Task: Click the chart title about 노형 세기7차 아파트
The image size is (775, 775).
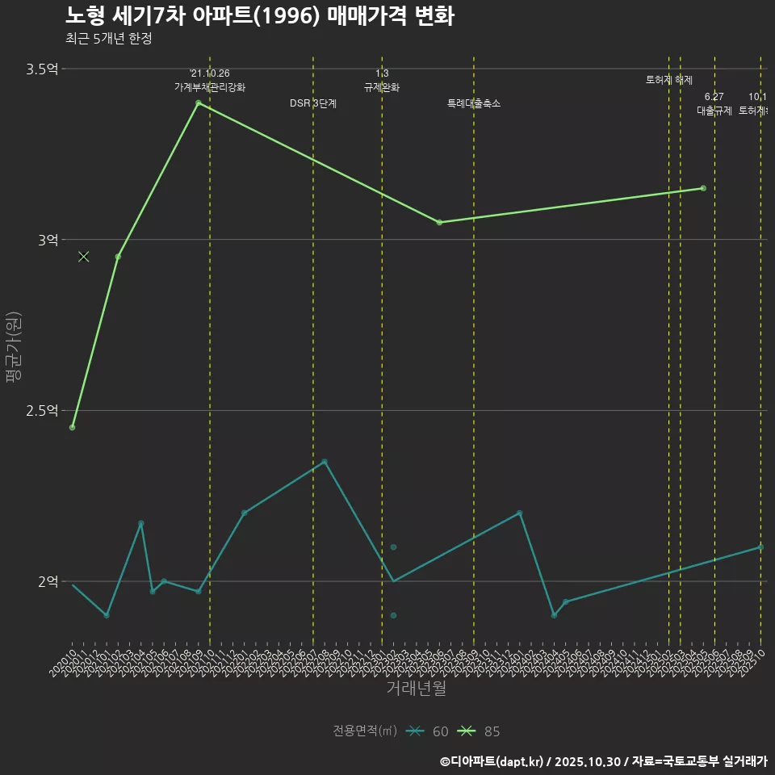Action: point(259,15)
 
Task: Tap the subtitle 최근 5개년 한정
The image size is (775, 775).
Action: point(108,39)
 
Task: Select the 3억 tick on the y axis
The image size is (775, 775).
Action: point(47,240)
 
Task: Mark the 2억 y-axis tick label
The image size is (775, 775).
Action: point(47,581)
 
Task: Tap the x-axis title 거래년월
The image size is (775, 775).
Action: point(416,689)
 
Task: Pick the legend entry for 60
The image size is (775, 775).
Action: point(428,731)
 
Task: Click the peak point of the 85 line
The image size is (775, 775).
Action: point(198,103)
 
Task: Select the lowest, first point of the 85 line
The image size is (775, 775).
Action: point(72,427)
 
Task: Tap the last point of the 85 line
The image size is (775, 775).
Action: point(703,188)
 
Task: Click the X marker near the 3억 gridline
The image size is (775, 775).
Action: point(83,257)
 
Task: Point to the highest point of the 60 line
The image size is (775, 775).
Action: point(325,462)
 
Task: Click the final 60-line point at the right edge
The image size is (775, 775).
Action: point(760,547)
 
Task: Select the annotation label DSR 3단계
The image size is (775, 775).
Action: point(313,103)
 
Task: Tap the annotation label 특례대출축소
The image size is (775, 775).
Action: point(474,103)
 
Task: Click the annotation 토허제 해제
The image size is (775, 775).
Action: point(669,80)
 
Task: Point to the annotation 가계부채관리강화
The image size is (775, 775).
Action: point(210,87)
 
